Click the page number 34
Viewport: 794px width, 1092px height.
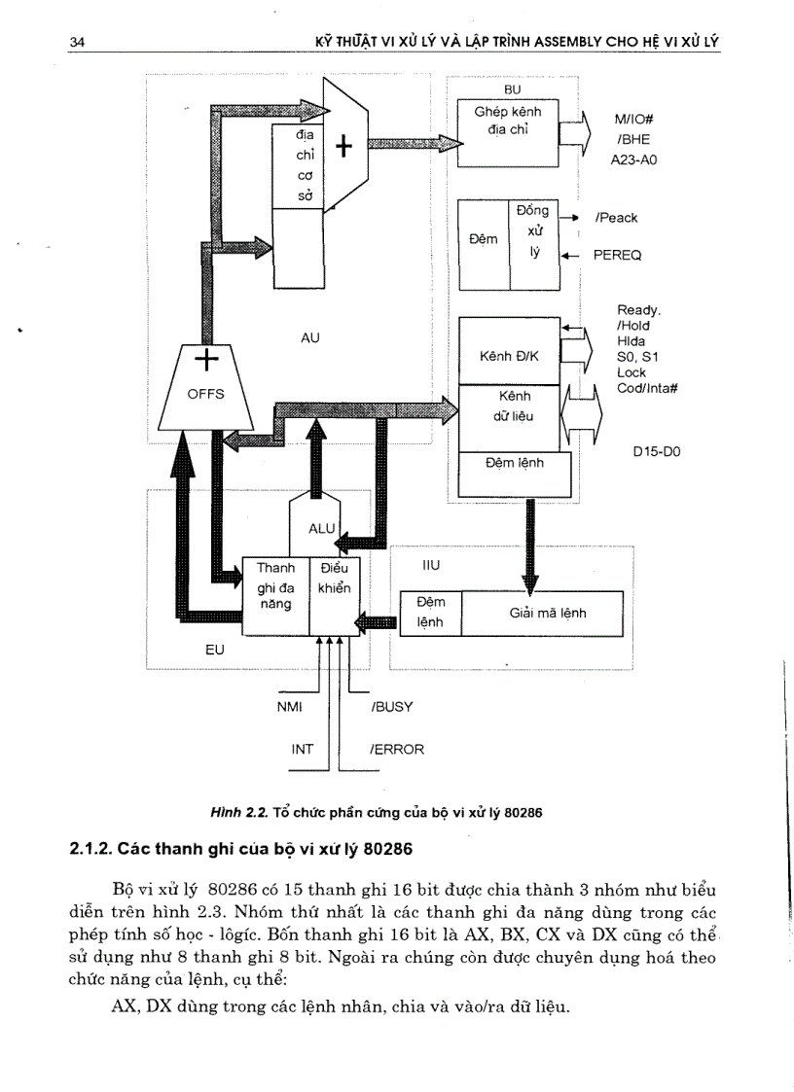77,42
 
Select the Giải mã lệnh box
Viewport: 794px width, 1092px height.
548,614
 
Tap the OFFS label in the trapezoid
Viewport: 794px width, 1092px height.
205,394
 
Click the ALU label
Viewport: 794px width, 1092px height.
321,528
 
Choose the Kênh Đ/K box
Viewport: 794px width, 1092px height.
509,356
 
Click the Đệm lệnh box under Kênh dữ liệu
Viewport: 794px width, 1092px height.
514,463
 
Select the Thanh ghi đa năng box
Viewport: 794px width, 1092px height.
275,586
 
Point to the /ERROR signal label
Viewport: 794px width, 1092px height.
397,750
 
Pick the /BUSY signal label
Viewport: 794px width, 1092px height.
392,707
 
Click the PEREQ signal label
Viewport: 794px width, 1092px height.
617,255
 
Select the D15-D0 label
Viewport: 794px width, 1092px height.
656,451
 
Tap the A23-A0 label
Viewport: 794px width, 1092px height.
633,159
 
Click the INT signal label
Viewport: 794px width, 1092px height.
303,750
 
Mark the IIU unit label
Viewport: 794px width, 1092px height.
432,564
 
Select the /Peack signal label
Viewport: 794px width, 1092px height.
616,218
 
